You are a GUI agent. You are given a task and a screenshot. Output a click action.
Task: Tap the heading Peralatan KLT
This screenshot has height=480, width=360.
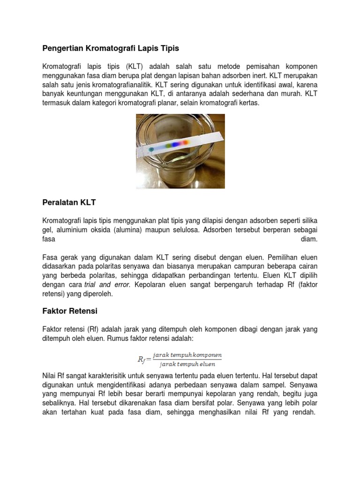[x=69, y=202]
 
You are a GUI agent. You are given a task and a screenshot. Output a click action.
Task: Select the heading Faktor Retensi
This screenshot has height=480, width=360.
[x=70, y=310]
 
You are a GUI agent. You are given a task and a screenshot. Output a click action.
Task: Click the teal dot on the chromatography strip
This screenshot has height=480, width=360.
[x=151, y=149]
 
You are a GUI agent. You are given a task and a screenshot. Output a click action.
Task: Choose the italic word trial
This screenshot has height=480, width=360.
[x=92, y=284]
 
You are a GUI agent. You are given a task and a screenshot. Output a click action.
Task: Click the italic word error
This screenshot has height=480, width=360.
[x=121, y=284]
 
